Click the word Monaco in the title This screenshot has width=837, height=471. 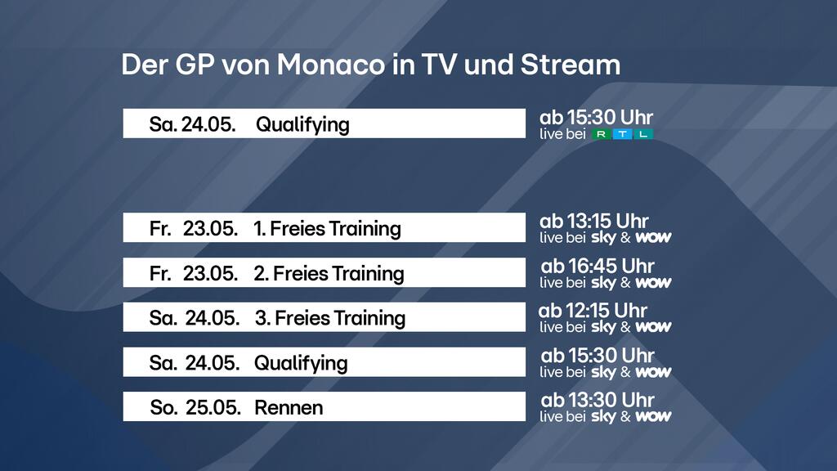pos(330,65)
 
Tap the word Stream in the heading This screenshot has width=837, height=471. pos(570,65)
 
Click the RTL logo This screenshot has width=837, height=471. pos(622,134)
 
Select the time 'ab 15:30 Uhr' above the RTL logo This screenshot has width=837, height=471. pos(596,118)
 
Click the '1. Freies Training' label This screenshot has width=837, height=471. pos(327,229)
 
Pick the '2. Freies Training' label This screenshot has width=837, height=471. pos(329,273)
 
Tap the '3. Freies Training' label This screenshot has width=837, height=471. pos(330,318)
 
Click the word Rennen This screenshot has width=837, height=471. pos(289,408)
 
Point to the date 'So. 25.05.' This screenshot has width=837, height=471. pos(195,408)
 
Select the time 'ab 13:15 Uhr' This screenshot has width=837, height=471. pos(594,221)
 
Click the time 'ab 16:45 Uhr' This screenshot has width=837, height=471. pos(598,266)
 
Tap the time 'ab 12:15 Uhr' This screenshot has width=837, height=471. pos(593,310)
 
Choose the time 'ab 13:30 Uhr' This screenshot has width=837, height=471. pos(598,400)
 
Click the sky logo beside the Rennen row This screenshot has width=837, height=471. pos(604,416)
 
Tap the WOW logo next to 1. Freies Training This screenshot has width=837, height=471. pos(653,238)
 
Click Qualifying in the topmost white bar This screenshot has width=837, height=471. pos(302,124)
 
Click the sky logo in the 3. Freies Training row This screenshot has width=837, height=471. pos(604,327)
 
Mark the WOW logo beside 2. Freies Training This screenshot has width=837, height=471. pos(653,282)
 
